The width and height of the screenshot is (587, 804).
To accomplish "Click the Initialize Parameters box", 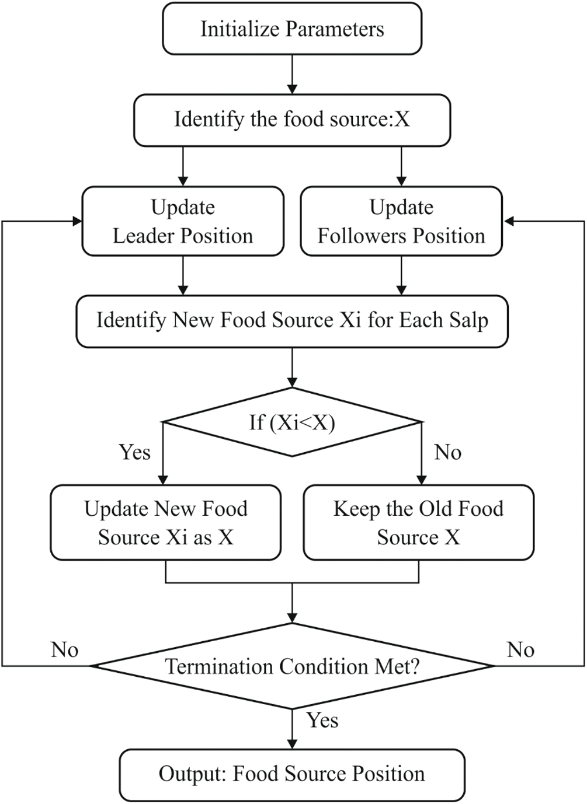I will point(292,29).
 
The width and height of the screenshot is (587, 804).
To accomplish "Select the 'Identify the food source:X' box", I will point(292,120).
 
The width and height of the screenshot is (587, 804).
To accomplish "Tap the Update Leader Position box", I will point(183,222).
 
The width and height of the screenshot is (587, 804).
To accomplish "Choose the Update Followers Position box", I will point(401,222).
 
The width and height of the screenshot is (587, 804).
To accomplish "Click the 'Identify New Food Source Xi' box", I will point(292,321).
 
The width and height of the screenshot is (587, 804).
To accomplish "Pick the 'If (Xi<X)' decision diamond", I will point(292,422).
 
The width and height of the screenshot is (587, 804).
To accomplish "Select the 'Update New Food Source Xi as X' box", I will point(166,523).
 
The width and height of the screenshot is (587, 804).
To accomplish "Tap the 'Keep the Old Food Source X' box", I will point(418,523).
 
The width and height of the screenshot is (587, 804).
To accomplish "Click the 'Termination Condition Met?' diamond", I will point(292,666).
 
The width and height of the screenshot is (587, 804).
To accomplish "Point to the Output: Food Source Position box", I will point(292,775).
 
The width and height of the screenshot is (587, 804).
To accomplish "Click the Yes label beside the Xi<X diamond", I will point(134,452).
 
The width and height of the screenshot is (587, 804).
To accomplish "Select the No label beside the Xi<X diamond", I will point(448,452).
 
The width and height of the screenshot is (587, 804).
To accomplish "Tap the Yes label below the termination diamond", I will point(322,721).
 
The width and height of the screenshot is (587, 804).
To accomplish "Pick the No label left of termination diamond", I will point(64,649).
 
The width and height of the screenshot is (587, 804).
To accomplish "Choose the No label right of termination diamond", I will point(520,649).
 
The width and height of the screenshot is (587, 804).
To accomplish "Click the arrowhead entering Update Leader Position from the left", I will point(77,221).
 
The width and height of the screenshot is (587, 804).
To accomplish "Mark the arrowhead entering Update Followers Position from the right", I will point(508,221).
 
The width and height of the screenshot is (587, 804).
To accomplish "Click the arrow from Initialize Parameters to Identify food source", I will point(292,75).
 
